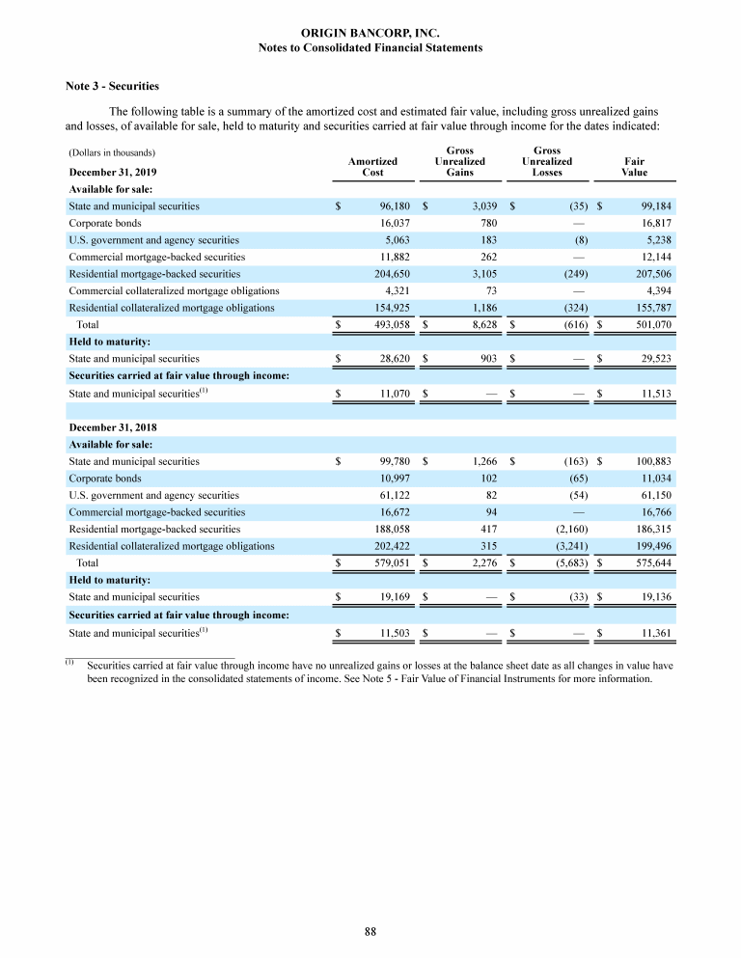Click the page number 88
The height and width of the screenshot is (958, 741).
pyautogui.click(x=370, y=931)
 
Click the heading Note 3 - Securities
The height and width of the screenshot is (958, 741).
pyautogui.click(x=112, y=86)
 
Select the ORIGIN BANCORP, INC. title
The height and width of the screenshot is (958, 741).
pyautogui.click(x=370, y=33)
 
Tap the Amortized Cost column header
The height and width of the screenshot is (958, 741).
pyautogui.click(x=372, y=167)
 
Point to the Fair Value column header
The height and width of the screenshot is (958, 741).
pyautogui.click(x=634, y=167)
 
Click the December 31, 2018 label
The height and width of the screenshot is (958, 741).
pyautogui.click(x=112, y=427)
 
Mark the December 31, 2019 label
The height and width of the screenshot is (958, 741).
pyautogui.click(x=112, y=173)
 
